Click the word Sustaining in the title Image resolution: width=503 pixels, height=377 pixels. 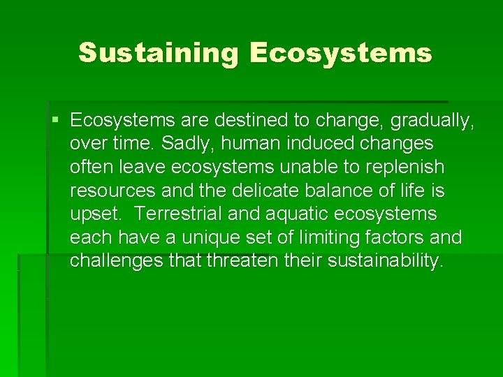[159, 53]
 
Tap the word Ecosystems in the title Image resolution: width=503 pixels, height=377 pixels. [340, 53]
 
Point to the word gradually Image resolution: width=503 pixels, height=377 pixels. [432, 120]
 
